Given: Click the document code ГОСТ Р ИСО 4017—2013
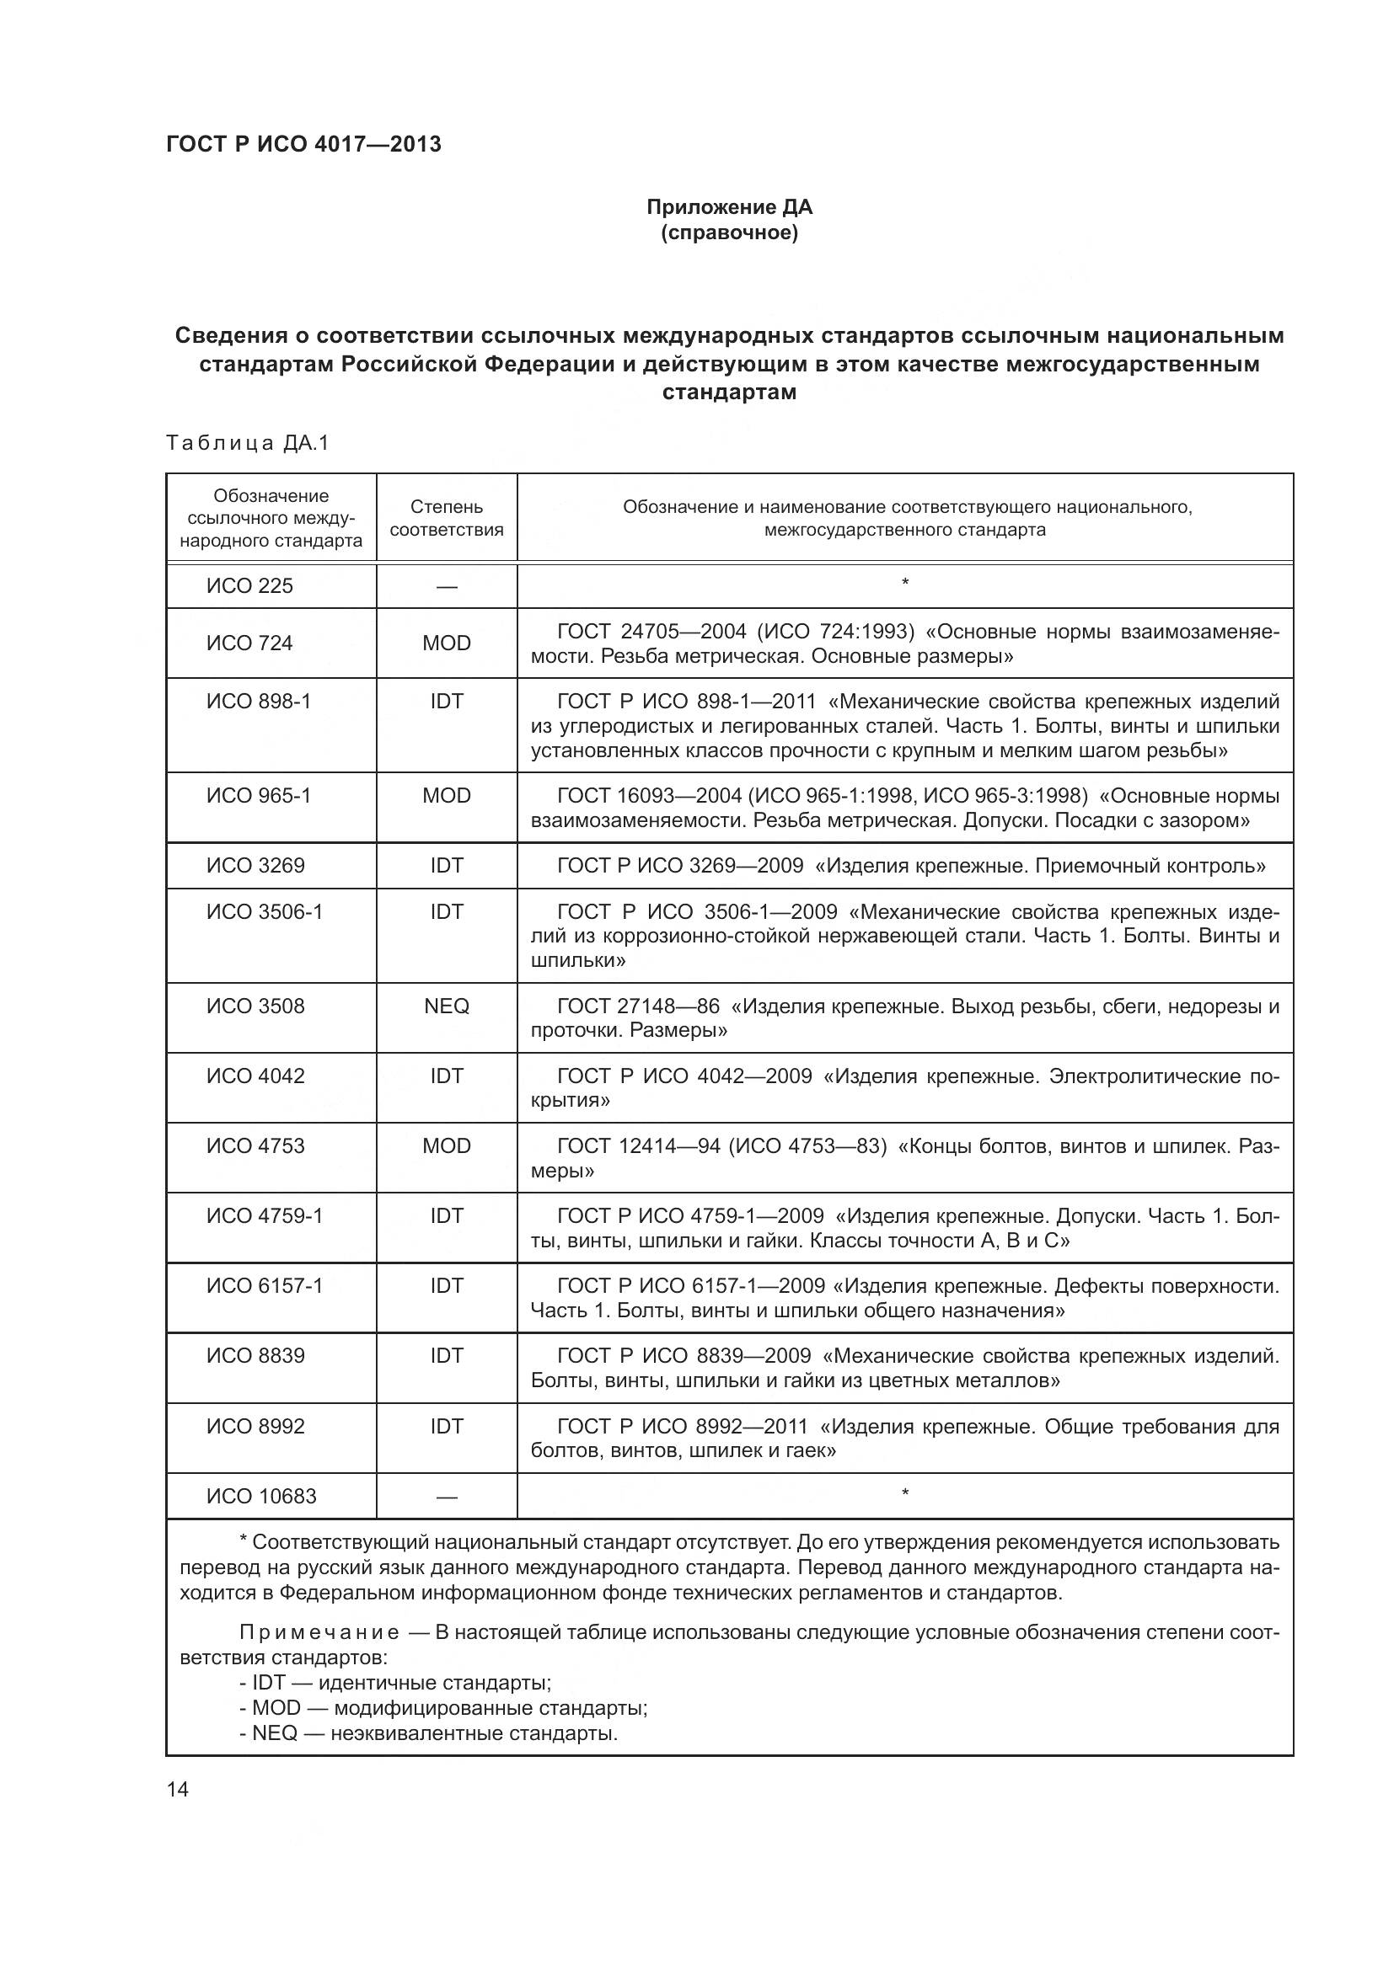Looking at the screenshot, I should tap(303, 144).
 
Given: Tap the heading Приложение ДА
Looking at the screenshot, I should tap(729, 207).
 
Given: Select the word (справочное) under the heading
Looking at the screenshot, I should tap(729, 232).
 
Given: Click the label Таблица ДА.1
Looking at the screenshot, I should tap(247, 443).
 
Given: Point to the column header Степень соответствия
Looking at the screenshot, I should tap(447, 518).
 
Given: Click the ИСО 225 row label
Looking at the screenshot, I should tap(249, 586).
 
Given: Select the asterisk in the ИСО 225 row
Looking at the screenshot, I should tap(904, 584).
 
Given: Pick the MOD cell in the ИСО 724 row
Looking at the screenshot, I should tap(447, 643).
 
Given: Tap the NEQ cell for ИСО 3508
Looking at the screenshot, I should tap(447, 1006).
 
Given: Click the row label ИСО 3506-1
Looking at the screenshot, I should tap(265, 912).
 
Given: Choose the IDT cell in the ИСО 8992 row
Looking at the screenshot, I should tap(447, 1427).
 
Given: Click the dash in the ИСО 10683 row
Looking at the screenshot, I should tap(447, 1498).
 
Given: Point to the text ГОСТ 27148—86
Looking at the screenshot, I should tap(638, 1006).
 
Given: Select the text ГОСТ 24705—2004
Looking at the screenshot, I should tap(652, 633).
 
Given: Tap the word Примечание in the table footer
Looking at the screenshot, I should tap(319, 1632).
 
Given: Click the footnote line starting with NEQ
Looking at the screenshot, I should tap(429, 1733).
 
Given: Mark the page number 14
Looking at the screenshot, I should tap(178, 1789).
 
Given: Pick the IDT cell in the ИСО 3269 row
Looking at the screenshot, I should tap(447, 866).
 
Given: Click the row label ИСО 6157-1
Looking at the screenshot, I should tap(265, 1286).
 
